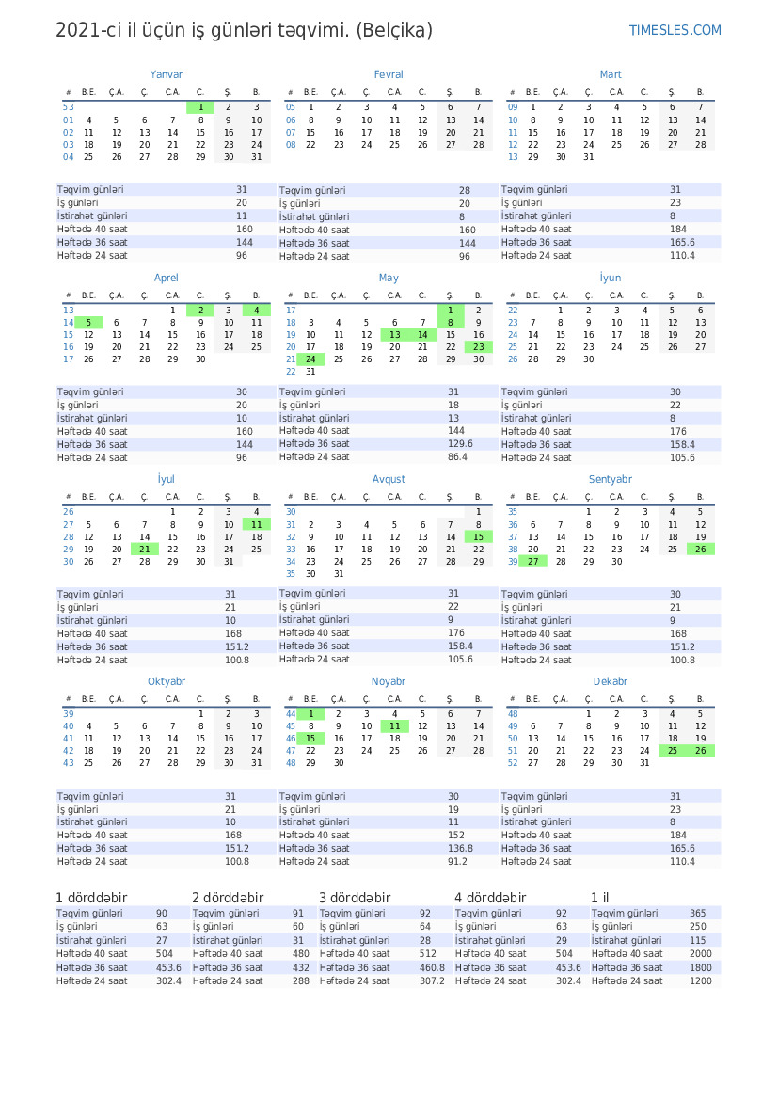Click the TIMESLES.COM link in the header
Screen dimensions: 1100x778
[675, 30]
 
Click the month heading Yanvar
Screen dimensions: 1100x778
[167, 74]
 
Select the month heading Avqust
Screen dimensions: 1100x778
[389, 479]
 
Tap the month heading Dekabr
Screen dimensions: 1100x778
[611, 681]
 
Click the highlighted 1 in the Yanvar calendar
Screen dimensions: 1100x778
[200, 107]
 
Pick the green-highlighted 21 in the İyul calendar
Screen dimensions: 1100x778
[144, 549]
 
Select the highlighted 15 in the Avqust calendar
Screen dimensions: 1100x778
[478, 536]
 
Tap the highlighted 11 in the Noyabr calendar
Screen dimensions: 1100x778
[395, 726]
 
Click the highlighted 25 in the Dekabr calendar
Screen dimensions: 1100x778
[673, 750]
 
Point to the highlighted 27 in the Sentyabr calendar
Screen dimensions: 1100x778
[533, 562]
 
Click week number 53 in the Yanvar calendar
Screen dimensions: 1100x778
[69, 107]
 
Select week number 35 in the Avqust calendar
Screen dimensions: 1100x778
[291, 574]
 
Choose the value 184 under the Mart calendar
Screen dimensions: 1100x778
[678, 229]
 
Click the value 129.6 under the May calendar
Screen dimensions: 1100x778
[460, 444]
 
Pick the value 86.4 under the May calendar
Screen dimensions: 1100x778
[457, 457]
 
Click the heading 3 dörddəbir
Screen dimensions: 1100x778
[355, 898]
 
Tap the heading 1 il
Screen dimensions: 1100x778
[599, 898]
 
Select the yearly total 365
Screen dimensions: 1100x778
[697, 914]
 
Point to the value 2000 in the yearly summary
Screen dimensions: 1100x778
[700, 954]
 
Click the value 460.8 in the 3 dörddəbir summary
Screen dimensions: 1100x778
[432, 967]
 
